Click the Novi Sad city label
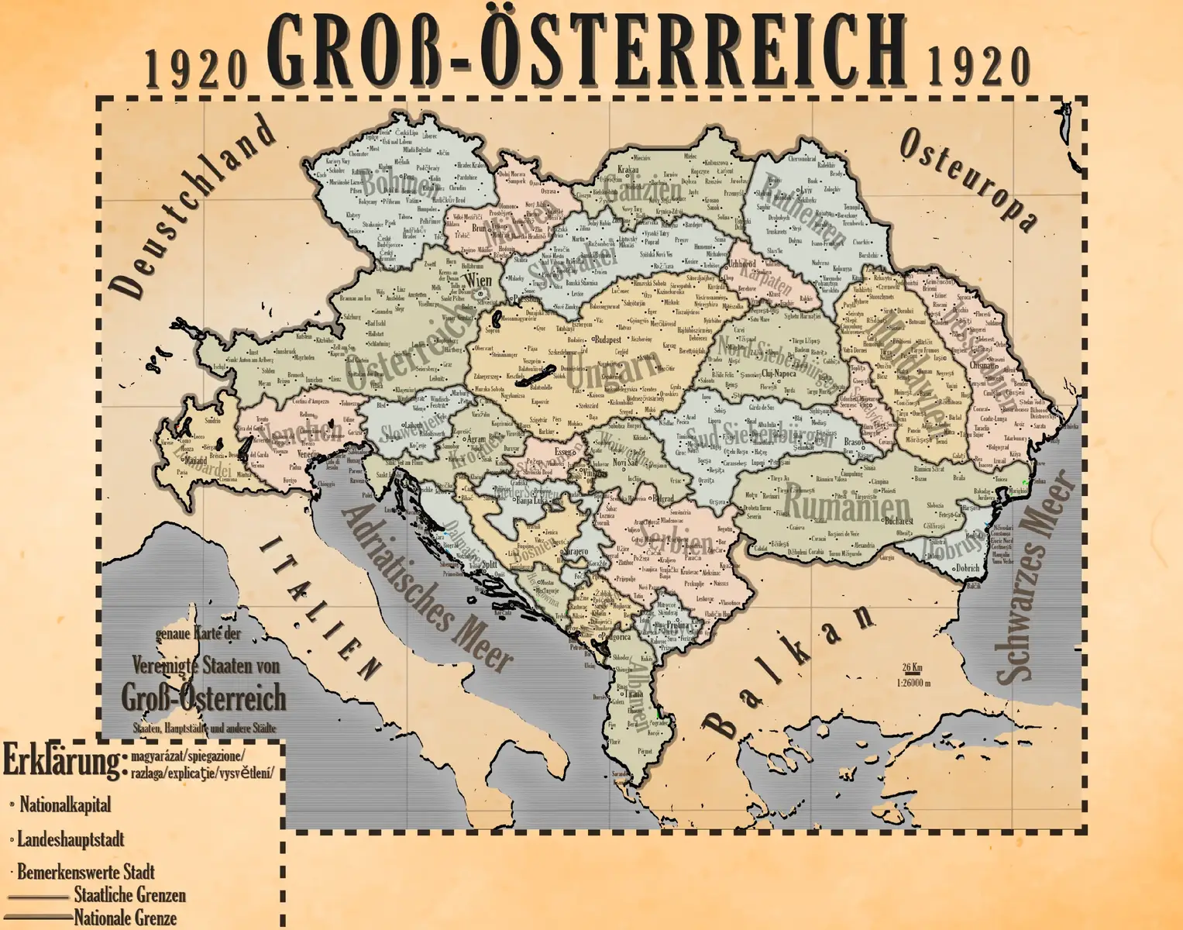(x=624, y=462)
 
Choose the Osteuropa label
(x=968, y=179)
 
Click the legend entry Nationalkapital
(x=65, y=804)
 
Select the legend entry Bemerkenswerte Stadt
(x=85, y=872)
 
